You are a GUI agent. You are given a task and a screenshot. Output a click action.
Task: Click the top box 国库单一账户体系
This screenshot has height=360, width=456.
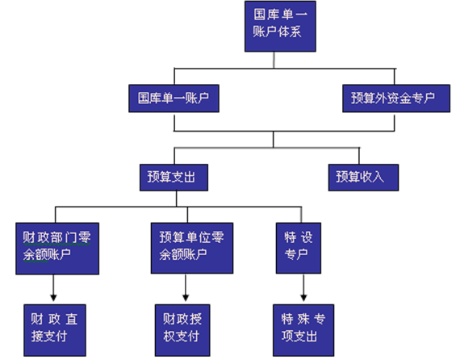click(x=278, y=26)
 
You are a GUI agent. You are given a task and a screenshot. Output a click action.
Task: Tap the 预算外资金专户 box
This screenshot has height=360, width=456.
click(x=392, y=97)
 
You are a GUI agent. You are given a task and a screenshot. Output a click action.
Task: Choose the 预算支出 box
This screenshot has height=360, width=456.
click(x=172, y=175)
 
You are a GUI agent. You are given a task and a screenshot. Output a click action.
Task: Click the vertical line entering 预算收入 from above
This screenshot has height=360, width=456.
click(x=360, y=155)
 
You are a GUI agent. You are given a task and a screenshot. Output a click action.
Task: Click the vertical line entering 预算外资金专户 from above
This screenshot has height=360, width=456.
click(x=393, y=77)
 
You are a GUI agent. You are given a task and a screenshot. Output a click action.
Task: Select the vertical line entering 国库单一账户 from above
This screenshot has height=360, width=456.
click(x=174, y=77)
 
